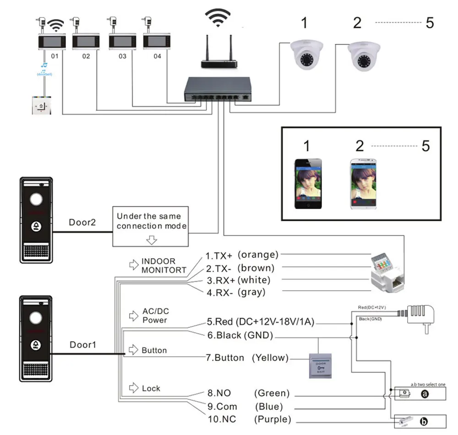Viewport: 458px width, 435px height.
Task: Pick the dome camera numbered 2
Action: [x=365, y=57]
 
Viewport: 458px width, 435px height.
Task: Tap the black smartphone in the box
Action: [x=308, y=184]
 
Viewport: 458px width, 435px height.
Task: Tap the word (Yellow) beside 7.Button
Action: [x=271, y=358]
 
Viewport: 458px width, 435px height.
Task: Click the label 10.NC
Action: [x=222, y=419]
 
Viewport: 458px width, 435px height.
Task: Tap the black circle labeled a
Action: [x=424, y=394]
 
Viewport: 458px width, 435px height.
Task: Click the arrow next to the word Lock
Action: [x=134, y=388]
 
